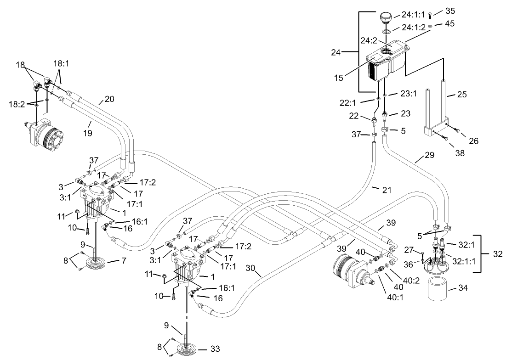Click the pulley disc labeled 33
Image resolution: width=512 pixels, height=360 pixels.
(x=186, y=346)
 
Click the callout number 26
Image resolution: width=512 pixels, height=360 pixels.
(x=473, y=141)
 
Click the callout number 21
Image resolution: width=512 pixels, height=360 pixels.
(x=387, y=189)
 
